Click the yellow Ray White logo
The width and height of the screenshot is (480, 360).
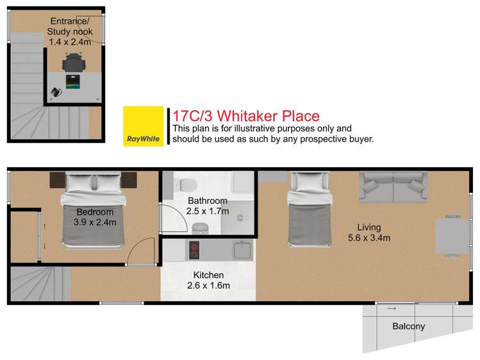(x=144, y=126)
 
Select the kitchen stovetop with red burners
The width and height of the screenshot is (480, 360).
(x=194, y=250)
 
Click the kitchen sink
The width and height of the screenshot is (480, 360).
(x=243, y=249)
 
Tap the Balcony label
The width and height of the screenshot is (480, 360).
(x=408, y=326)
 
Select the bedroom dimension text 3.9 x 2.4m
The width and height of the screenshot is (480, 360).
(x=95, y=223)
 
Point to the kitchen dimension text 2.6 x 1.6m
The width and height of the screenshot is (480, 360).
(x=208, y=286)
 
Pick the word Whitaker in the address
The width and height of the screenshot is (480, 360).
(x=255, y=116)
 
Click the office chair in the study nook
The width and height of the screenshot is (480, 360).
(x=73, y=63)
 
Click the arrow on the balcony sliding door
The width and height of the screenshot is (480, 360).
(x=392, y=309)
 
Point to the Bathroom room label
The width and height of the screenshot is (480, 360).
(x=208, y=201)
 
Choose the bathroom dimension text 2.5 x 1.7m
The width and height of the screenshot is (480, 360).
(x=208, y=211)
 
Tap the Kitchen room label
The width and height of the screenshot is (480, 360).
(x=208, y=275)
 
